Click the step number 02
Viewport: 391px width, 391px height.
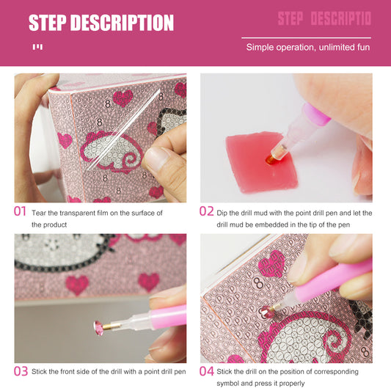point(207,211)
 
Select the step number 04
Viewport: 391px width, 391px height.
point(207,371)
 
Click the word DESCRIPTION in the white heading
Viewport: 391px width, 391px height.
point(123,23)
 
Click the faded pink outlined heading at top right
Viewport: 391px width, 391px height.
point(324,19)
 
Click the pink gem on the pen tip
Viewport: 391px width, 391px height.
point(100,328)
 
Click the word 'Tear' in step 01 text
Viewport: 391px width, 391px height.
point(40,213)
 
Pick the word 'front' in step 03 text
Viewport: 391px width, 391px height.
point(75,372)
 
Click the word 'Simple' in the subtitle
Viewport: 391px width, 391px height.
point(260,48)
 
